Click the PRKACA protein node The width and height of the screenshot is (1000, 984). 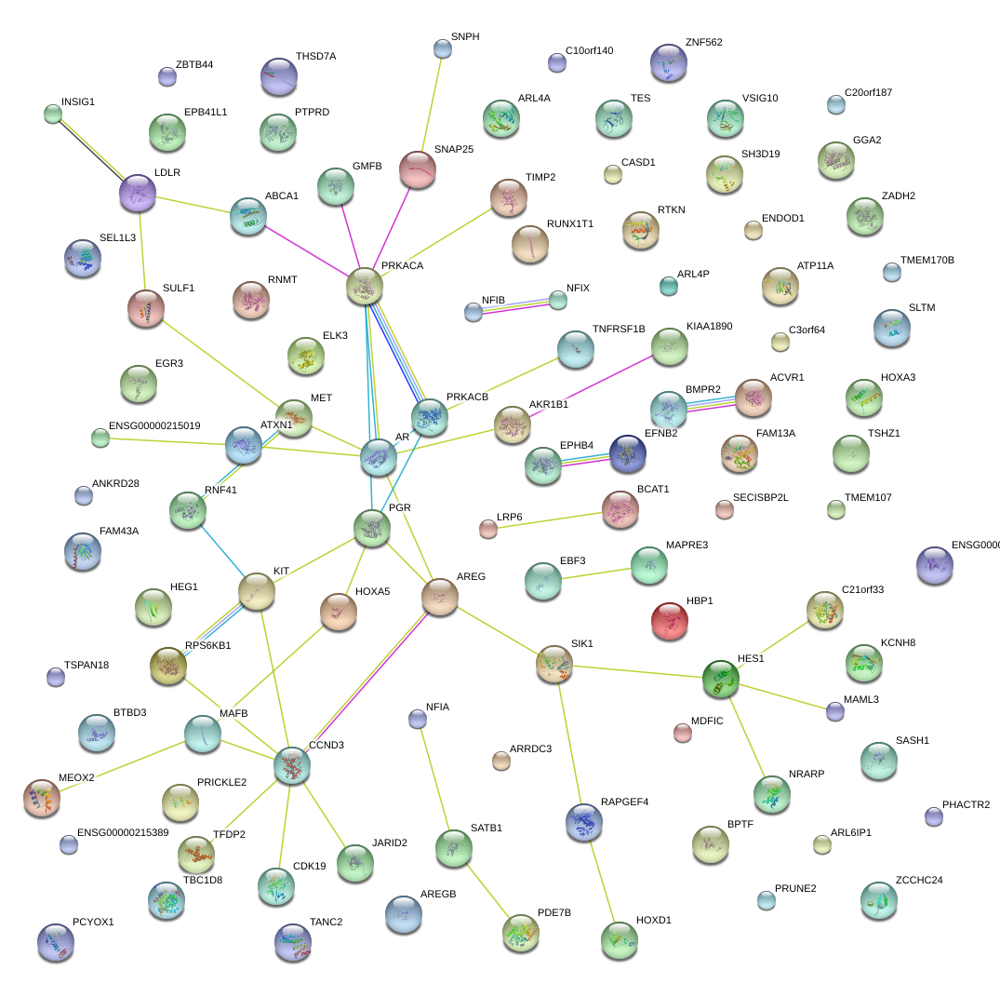[365, 288]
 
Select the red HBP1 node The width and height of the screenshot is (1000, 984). [670, 621]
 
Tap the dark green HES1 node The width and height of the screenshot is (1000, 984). [721, 680]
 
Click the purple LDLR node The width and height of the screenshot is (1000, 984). [139, 193]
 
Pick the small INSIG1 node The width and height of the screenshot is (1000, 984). [53, 114]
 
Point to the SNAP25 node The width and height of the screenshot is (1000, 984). [418, 168]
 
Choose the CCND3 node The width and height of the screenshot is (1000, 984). [292, 764]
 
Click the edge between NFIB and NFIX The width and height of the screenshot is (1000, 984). [515, 306]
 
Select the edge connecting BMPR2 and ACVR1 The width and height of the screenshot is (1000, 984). [711, 402]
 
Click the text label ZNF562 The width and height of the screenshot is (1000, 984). [703, 43]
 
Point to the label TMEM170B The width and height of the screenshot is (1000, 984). [927, 260]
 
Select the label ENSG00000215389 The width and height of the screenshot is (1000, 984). [123, 832]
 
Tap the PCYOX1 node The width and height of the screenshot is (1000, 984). [55, 943]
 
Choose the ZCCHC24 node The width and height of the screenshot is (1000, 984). [879, 901]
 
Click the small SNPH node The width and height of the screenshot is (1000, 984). [443, 48]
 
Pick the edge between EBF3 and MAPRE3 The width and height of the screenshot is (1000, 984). [596, 573]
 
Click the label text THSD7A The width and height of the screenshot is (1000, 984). [315, 57]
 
